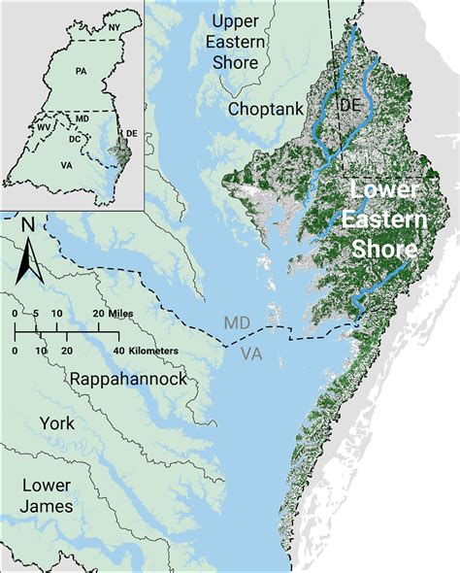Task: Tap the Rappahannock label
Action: (x=126, y=379)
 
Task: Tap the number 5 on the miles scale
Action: (x=35, y=314)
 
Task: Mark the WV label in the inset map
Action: (x=44, y=126)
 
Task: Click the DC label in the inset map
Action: (x=73, y=139)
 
